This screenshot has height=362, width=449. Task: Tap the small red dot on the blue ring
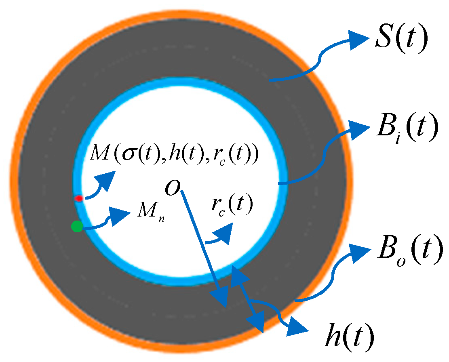point(79,198)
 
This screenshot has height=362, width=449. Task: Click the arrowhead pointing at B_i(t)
point(359,129)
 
